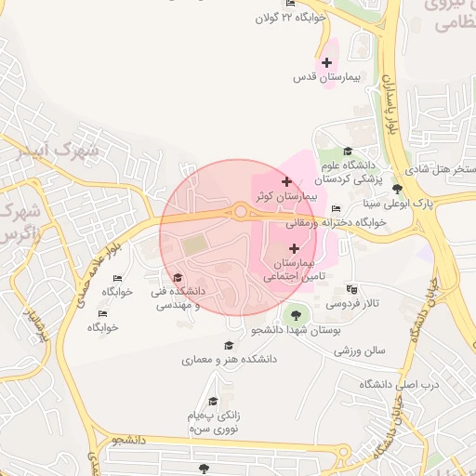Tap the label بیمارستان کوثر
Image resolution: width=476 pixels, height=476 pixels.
pos(286,197)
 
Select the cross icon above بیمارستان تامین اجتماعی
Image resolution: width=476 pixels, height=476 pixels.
pos(295,248)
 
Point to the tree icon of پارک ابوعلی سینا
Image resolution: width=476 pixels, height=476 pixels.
pos(398,188)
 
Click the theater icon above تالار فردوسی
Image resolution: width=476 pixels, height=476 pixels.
pos(350,289)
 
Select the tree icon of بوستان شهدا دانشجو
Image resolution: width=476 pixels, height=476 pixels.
pos(295,313)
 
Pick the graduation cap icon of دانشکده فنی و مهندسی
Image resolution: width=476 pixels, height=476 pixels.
pos(178,277)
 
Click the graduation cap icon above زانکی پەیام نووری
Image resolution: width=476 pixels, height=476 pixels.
pos(213,402)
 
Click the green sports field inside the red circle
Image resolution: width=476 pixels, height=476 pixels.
pos(194,245)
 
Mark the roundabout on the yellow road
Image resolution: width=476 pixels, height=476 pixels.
pos(241,212)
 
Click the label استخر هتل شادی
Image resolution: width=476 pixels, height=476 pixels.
pos(439,169)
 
